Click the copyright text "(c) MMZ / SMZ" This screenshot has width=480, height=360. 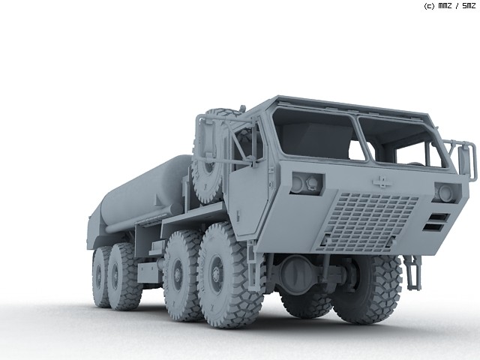click(x=450, y=6)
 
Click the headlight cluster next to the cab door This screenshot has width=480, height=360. click(x=307, y=183)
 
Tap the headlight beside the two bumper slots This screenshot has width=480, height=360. click(x=447, y=193)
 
